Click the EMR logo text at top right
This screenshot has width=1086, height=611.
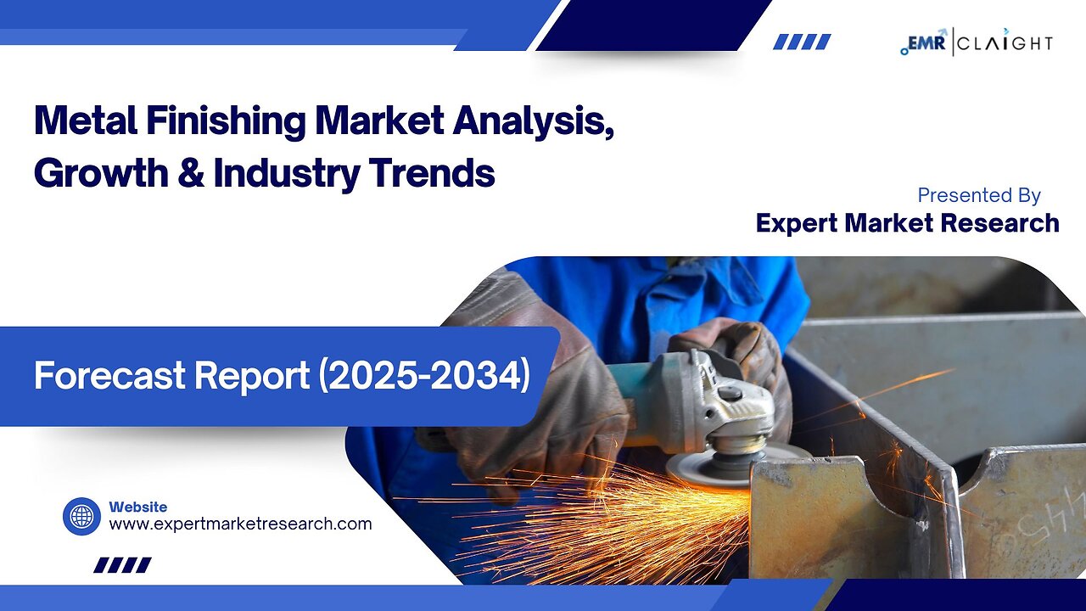(926, 42)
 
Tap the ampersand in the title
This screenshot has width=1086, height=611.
(192, 173)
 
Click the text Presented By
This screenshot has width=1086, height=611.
(978, 195)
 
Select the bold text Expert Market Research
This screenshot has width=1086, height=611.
(907, 223)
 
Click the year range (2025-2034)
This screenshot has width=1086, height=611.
(423, 376)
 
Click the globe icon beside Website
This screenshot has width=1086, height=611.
(81, 516)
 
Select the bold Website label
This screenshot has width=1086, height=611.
(137, 507)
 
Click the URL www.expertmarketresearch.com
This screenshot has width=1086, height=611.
(240, 524)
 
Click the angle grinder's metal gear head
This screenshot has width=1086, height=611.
(730, 407)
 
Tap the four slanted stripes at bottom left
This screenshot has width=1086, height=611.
(122, 565)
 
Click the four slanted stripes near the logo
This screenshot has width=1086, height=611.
(802, 42)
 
